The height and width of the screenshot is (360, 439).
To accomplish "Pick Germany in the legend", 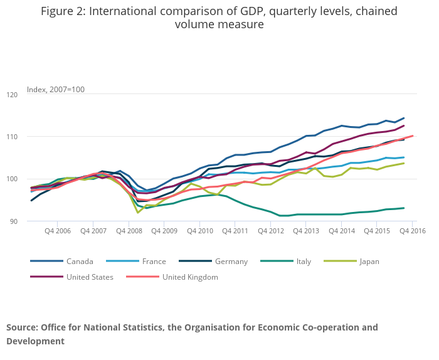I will coord(231,262).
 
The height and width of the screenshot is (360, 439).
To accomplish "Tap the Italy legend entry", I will coord(303,262).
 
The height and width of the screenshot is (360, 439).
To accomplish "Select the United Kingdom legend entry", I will coord(189,277).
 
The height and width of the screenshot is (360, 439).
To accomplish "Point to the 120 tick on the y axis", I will coord(12,95).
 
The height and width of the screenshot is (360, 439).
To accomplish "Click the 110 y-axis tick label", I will coord(12,137).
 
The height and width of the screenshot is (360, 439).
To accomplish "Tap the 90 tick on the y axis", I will coord(14,221).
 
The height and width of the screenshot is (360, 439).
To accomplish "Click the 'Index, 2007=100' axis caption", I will coord(56,90).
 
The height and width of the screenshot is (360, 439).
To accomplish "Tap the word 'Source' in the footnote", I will coord(21,327).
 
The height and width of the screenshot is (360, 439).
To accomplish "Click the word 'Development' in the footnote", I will coord(35,341).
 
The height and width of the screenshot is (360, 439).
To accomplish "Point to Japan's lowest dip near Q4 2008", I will coord(138,213).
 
